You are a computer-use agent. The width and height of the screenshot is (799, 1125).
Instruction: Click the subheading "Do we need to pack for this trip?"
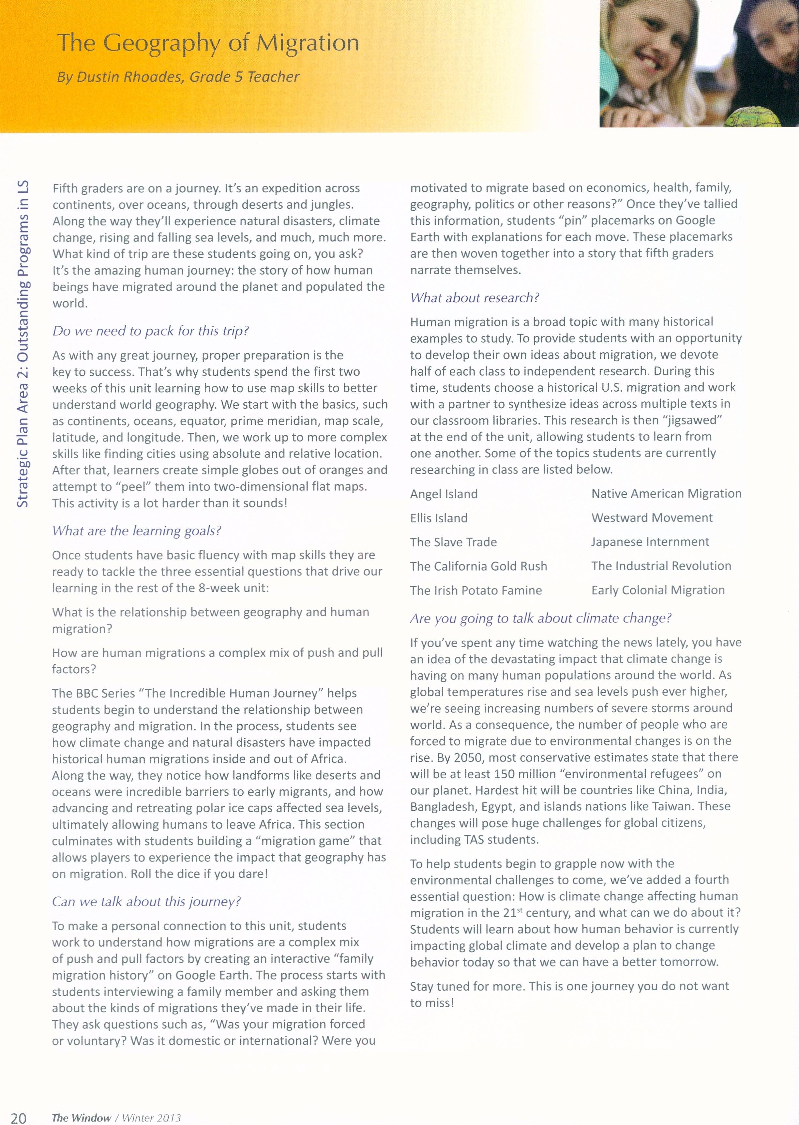[151, 331]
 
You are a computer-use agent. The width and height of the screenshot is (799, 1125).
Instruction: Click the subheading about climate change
[541, 618]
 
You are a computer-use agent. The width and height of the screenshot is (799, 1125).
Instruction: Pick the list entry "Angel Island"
[444, 494]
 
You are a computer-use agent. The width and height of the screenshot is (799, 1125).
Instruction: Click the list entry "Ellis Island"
[439, 518]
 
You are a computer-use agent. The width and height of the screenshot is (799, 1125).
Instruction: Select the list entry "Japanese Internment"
[650, 542]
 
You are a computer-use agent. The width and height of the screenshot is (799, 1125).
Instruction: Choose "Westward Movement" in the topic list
[652, 517]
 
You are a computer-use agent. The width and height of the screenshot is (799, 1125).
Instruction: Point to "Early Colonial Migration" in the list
[658, 590]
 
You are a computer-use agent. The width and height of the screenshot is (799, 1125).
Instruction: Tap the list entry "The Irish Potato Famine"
[476, 590]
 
